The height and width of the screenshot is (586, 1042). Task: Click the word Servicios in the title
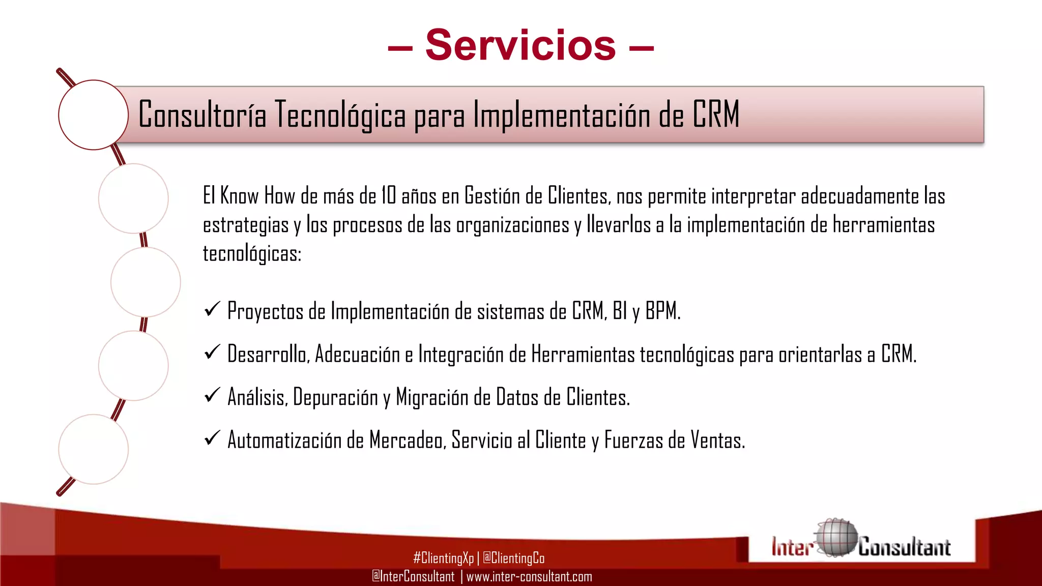[520, 45]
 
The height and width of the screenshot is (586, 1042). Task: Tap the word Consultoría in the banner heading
[202, 114]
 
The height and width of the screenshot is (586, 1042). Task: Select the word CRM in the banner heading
[715, 114]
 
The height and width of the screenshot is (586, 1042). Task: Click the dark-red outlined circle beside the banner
[93, 115]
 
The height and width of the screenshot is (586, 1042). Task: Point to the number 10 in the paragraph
[388, 196]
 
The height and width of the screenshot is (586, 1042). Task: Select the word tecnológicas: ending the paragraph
[252, 253]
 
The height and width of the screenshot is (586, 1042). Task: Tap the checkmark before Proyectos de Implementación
[212, 309]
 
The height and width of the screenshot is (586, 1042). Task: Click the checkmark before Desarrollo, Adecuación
[212, 351]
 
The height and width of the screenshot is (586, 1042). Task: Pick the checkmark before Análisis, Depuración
[212, 395]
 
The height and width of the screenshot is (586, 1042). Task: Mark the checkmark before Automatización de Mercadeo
[212, 437]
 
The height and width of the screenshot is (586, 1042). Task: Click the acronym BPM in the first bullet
[662, 311]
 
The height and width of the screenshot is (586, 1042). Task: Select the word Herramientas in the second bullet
[583, 354]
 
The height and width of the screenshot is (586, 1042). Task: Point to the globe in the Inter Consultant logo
[835, 537]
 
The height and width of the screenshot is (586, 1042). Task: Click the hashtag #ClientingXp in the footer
[443, 558]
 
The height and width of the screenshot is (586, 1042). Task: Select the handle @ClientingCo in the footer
[513, 558]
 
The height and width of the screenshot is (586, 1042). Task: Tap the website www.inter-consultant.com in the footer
[529, 576]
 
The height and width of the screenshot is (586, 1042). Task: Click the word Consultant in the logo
[904, 547]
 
